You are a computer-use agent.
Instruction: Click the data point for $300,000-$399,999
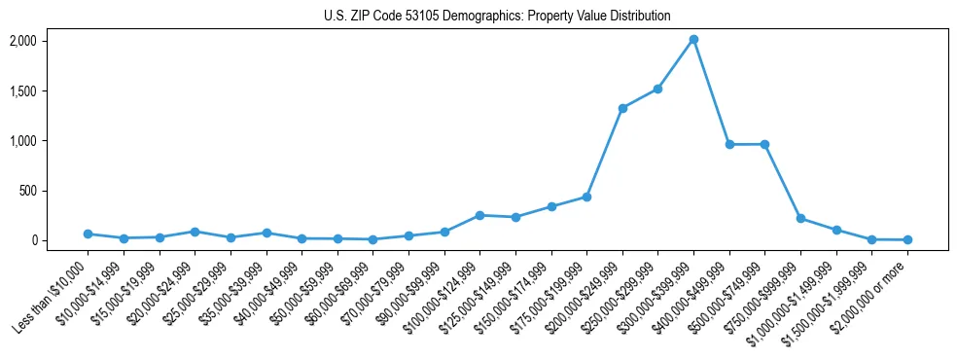tap(693, 40)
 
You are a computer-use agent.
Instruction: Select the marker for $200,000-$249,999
tap(622, 108)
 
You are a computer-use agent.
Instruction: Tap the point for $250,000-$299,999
tap(658, 89)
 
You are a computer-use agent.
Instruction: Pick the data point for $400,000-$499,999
tap(729, 144)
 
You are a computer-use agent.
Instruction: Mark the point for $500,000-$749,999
tap(765, 144)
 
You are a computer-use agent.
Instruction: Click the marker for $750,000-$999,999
tap(800, 218)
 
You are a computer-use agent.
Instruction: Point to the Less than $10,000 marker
tap(88, 234)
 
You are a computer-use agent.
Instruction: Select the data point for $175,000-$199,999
tap(586, 197)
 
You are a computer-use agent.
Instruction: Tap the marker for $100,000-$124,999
tap(479, 215)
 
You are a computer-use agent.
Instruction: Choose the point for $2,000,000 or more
tap(907, 239)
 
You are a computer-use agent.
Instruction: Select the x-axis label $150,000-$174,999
tap(517, 294)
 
